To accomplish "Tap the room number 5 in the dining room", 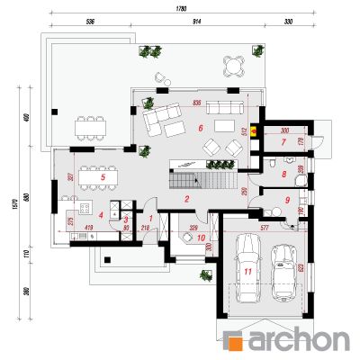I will click(103, 177).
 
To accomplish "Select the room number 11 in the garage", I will click(247, 269).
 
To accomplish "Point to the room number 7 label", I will click(282, 141).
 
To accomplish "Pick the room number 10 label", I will click(202, 238).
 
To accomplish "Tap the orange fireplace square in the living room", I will click(255, 130).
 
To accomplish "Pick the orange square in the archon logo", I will click(233, 341).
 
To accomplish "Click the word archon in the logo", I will click(296, 340).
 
